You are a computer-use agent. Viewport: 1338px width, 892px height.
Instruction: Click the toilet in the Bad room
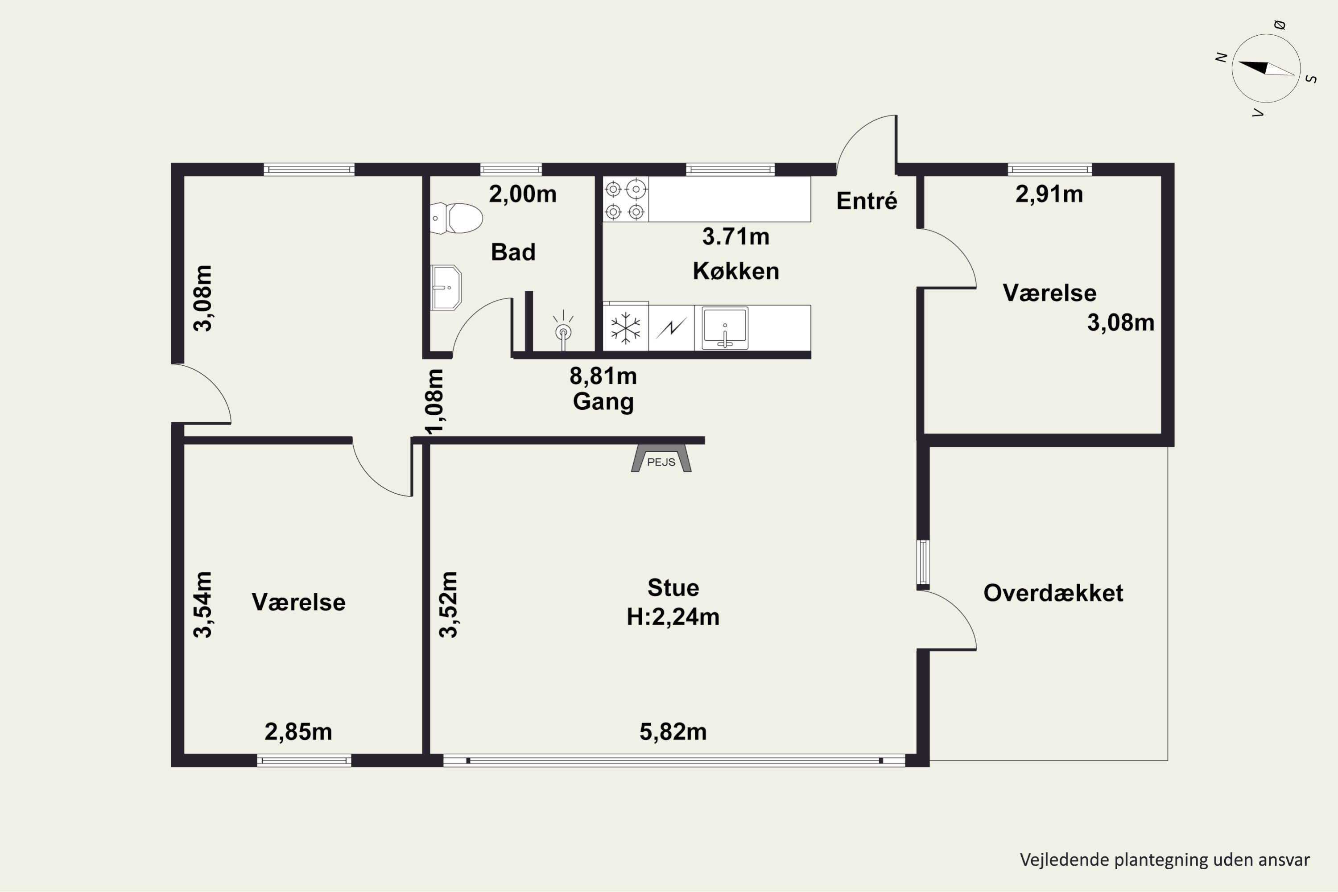click(456, 219)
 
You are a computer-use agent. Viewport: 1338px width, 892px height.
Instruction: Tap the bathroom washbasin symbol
click(446, 287)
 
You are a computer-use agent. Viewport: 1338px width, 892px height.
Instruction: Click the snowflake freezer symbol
click(626, 328)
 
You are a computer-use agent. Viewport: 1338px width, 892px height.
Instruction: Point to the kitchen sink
click(725, 328)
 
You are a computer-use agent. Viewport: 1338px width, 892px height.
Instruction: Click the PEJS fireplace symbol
click(661, 458)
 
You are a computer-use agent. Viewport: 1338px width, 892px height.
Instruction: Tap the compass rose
click(1266, 69)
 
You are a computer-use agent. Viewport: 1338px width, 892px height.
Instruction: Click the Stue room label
click(673, 588)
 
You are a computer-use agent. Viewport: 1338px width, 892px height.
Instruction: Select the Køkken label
click(735, 271)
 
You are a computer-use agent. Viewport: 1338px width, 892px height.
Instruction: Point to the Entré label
click(867, 201)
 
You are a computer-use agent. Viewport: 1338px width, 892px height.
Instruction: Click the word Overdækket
click(1053, 593)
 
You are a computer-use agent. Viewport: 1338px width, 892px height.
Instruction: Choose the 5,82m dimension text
click(673, 731)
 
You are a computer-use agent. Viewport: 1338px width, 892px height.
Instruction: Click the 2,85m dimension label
click(298, 731)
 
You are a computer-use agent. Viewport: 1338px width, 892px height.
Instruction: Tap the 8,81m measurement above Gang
click(603, 376)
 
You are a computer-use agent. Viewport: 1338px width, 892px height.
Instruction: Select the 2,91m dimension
click(1049, 194)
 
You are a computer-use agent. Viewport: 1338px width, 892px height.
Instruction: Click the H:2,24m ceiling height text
click(673, 617)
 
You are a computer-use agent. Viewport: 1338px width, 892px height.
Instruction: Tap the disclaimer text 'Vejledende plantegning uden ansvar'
click(1165, 859)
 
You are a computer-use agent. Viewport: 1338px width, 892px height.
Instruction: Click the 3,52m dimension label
click(448, 605)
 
